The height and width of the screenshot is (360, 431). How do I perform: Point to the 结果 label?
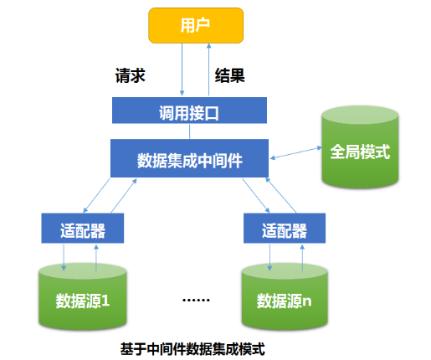point(231,75)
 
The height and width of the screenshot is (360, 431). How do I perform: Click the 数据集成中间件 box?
point(189,158)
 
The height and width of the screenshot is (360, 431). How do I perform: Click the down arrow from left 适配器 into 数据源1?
point(65,258)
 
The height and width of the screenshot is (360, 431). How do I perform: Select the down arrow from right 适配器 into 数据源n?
point(269,258)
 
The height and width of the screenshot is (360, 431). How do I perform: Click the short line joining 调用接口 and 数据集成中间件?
point(189,131)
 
